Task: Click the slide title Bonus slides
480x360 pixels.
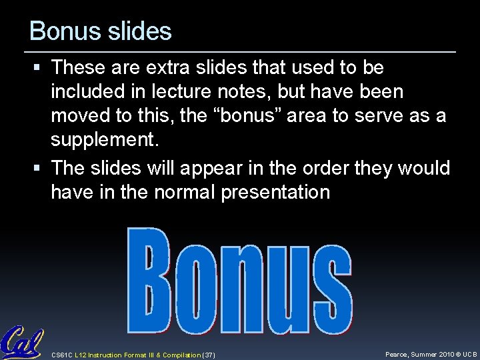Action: coord(101,31)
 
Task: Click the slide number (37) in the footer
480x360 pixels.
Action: coord(208,355)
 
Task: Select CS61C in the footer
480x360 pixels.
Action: coord(62,355)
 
